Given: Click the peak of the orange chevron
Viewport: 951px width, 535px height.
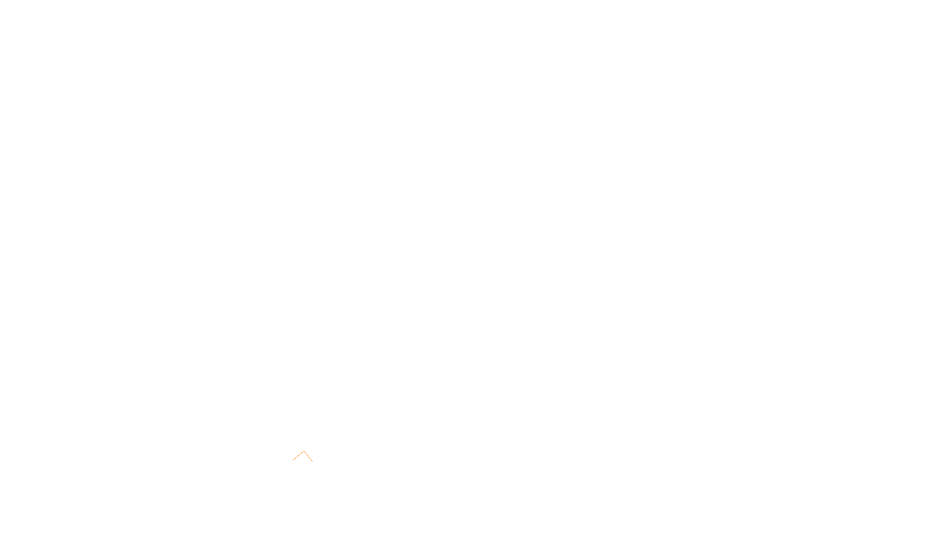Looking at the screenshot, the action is pos(304,451).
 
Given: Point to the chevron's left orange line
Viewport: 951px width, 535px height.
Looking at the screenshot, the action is pos(298,456).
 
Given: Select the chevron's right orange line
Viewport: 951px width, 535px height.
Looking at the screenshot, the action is pos(308,456).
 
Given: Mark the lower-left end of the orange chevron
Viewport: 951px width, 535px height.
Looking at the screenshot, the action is pos(293,460).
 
